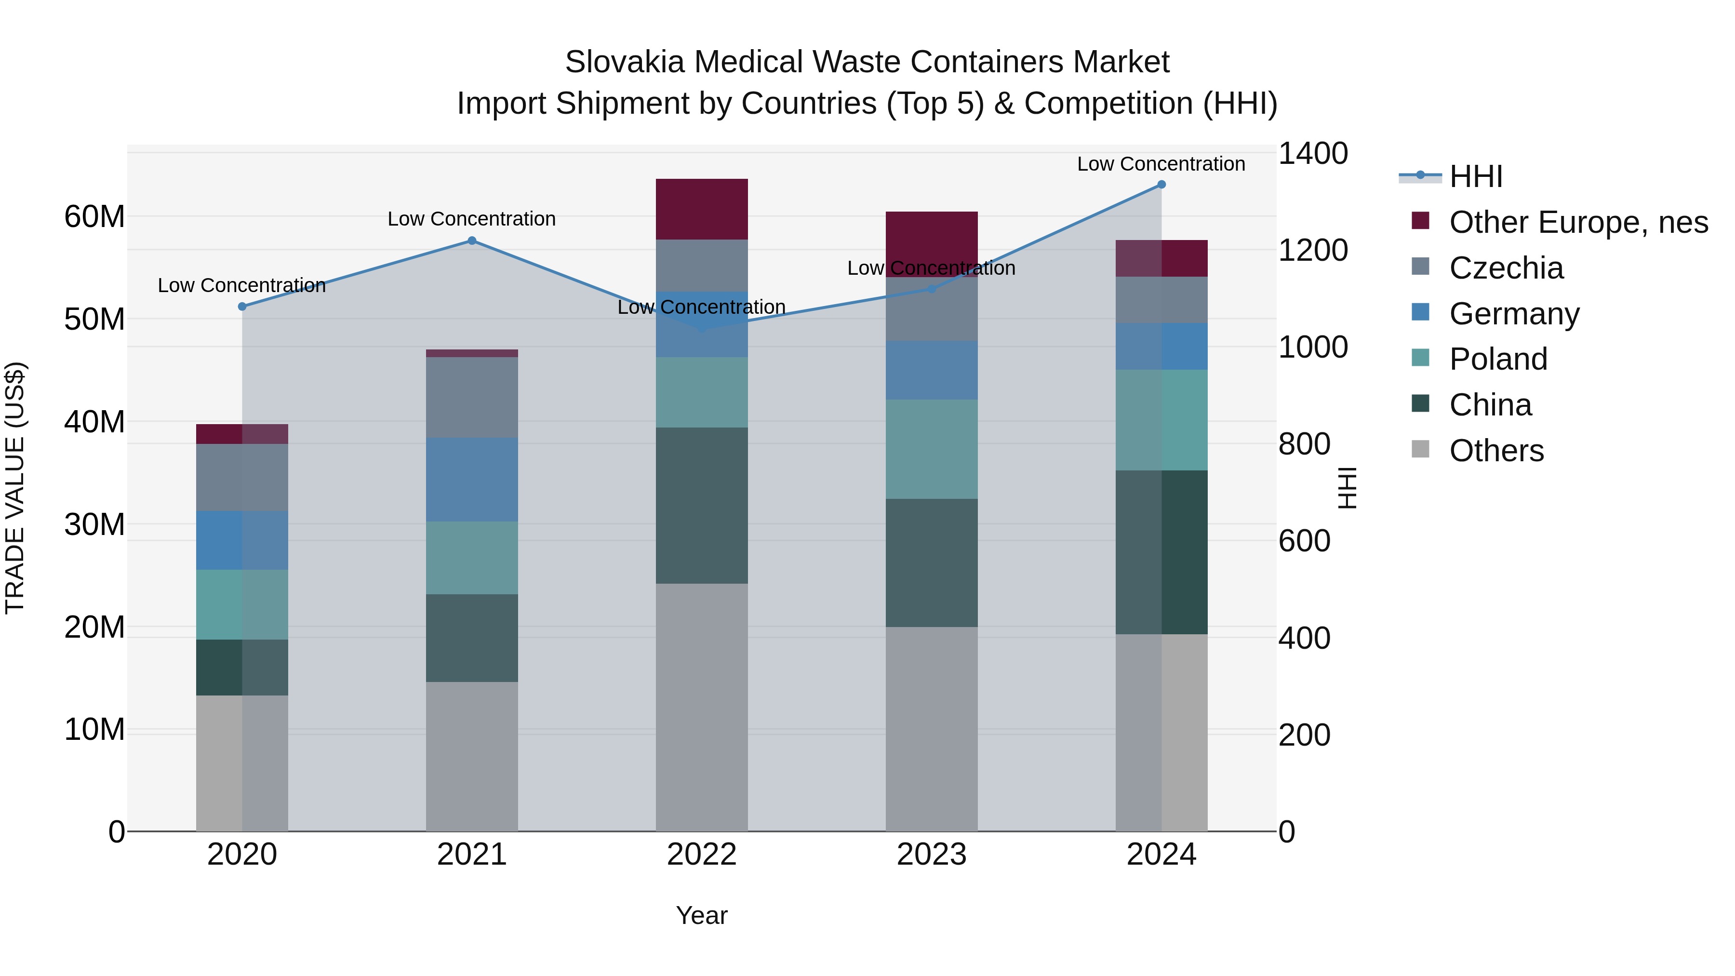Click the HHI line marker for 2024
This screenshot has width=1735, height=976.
1161,185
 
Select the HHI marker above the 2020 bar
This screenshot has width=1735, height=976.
242,307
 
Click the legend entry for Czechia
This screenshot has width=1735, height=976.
1506,268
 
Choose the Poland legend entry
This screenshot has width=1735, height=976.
1498,359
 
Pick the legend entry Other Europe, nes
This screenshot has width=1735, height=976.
1578,222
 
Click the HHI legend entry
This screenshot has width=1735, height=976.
1475,176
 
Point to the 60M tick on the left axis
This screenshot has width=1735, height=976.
94,217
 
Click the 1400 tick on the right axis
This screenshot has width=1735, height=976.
1313,154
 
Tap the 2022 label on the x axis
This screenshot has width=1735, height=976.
702,855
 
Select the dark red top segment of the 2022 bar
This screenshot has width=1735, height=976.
702,209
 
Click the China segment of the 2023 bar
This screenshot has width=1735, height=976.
932,562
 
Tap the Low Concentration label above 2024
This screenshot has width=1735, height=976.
1161,164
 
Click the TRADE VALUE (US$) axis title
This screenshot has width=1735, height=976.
15,488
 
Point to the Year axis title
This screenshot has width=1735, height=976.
702,915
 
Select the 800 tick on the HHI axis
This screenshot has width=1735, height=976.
1304,444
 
